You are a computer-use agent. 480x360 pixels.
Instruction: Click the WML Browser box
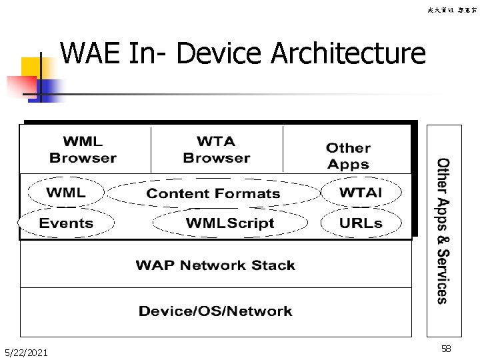tap(83, 150)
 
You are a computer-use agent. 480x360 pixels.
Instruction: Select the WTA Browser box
tap(216, 150)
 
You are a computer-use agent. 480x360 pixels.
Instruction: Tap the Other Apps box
tap(347, 156)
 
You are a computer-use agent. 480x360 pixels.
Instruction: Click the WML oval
tap(65, 193)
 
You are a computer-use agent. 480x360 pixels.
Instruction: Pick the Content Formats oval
tap(213, 193)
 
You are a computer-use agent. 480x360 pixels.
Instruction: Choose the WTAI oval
tap(361, 193)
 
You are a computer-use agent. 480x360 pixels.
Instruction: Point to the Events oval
tap(66, 223)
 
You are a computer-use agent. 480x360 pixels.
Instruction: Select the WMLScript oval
tap(230, 223)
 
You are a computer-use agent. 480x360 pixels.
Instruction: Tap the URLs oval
tap(361, 223)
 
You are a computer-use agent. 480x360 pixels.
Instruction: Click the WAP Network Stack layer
tap(215, 265)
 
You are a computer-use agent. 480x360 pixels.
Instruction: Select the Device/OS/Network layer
tap(215, 311)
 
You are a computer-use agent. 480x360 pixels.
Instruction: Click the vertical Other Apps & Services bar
tap(443, 231)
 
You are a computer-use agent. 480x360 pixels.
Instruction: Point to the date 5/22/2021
tap(25, 352)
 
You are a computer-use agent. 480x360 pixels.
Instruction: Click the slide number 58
tap(445, 349)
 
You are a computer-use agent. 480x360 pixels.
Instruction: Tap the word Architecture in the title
tap(349, 53)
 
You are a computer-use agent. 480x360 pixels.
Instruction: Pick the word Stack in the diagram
tap(273, 265)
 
